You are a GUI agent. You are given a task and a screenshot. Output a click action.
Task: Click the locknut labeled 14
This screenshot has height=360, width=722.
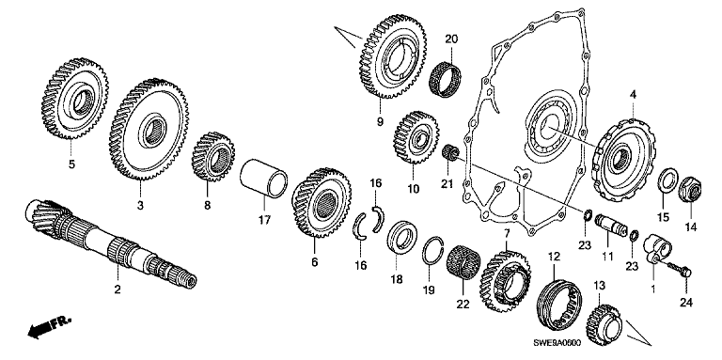tap(690, 189)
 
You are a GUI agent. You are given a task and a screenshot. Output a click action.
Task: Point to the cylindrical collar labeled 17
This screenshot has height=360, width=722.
tap(264, 179)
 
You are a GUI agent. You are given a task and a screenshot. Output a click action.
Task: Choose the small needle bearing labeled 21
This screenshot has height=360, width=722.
tap(449, 153)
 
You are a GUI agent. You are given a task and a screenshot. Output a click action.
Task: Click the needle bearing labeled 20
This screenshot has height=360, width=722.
tap(446, 79)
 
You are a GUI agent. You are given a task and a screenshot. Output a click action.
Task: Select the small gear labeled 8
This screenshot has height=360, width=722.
tap(213, 157)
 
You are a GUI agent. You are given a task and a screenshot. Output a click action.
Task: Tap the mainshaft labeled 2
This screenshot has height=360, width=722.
tap(111, 243)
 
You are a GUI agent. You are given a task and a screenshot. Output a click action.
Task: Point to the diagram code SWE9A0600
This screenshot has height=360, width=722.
tap(557, 343)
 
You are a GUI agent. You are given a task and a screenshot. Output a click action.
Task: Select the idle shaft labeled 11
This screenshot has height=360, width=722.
tap(609, 226)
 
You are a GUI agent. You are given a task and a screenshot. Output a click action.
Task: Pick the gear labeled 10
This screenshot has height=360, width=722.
tap(416, 137)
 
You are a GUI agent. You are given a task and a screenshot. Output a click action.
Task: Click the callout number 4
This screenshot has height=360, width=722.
tap(633, 95)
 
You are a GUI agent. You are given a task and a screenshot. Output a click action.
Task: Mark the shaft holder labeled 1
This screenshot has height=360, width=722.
tap(656, 249)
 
